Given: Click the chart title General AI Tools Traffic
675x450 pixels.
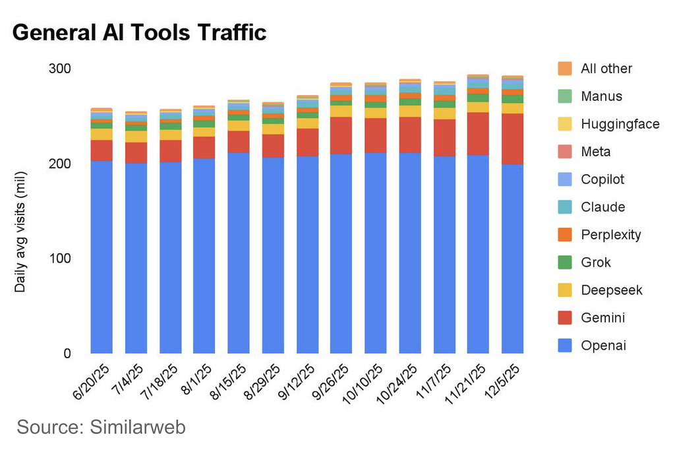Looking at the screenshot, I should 139,32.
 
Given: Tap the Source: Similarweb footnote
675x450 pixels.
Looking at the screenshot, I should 101,427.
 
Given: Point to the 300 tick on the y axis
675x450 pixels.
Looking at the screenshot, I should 60,69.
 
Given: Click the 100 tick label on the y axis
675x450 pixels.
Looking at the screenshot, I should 60,258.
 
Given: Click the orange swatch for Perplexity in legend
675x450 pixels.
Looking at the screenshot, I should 564,235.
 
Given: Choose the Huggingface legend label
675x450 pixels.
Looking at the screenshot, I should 620,124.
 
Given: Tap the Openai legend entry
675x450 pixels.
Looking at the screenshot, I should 603,346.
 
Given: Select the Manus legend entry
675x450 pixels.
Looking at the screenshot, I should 601,96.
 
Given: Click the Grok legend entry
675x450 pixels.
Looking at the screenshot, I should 595,263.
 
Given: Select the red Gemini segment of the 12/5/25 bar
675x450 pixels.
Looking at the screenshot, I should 512,139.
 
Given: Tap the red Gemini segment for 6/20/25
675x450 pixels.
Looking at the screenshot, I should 101,150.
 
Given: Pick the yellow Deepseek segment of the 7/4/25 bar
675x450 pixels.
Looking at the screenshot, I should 135,136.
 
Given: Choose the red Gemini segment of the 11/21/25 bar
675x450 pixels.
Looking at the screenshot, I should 478,133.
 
